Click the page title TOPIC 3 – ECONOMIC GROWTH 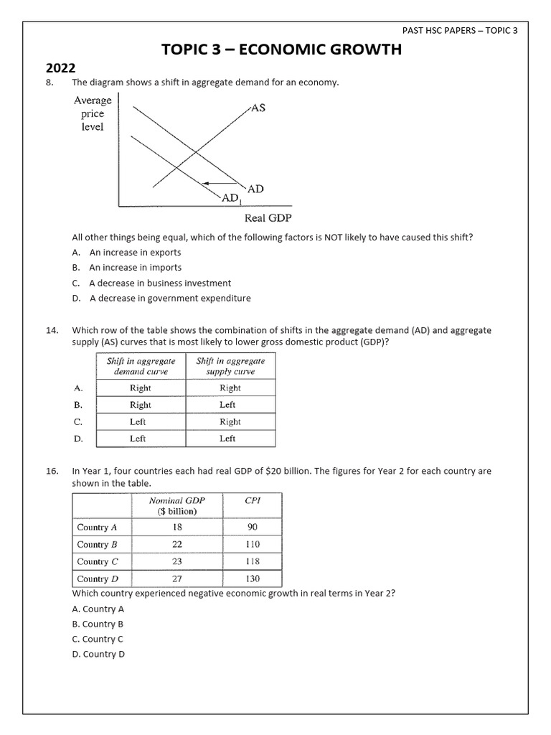click(282, 50)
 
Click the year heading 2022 click(61, 69)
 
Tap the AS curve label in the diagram click(258, 108)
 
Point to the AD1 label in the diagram click(230, 197)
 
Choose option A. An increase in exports click(126, 253)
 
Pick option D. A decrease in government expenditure click(161, 299)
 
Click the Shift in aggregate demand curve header click(141, 366)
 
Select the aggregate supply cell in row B click(228, 405)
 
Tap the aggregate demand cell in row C click(138, 421)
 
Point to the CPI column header click(253, 501)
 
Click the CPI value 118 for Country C click(253, 561)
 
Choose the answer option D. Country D click(98, 654)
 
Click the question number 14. click(52, 330)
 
